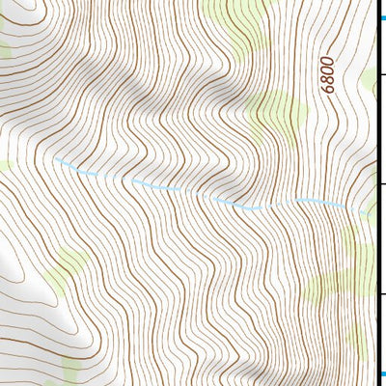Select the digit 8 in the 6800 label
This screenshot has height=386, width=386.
tap(328, 79)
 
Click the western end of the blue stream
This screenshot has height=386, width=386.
tap(55, 158)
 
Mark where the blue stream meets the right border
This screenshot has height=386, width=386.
tap(372, 210)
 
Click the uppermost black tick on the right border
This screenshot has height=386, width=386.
tap(380, 72)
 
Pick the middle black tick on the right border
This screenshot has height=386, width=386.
tap(380, 183)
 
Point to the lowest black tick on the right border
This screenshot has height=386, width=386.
tap(380, 294)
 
